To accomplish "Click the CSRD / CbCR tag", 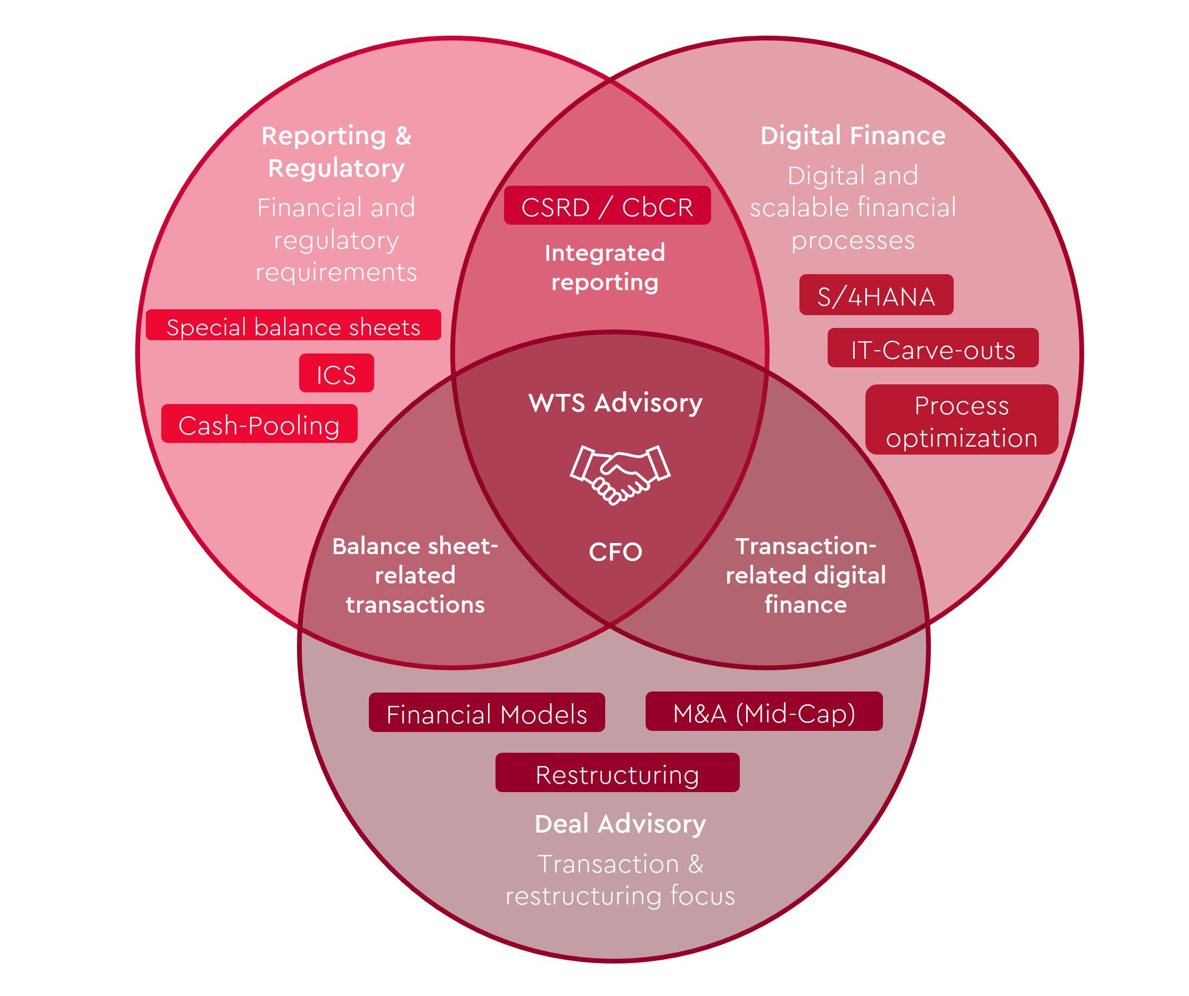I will [607, 206].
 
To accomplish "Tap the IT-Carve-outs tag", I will [932, 348].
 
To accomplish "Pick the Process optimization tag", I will [961, 419].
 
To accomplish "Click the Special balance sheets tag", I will [293, 326].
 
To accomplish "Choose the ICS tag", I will [336, 373].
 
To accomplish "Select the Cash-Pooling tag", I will [259, 424].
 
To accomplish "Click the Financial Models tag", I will [486, 712].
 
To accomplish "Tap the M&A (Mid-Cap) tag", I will [764, 712].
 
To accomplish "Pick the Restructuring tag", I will [617, 773].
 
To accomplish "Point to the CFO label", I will [615, 551].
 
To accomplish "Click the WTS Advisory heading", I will [615, 402].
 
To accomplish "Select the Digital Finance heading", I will [853, 136].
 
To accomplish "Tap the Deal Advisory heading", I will [620, 824].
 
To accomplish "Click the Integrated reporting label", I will [605, 267].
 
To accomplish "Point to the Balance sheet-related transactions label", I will [415, 575].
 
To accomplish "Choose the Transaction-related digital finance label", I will [806, 575].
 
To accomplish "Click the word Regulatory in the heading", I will [336, 169].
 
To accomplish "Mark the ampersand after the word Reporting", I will [403, 136].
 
